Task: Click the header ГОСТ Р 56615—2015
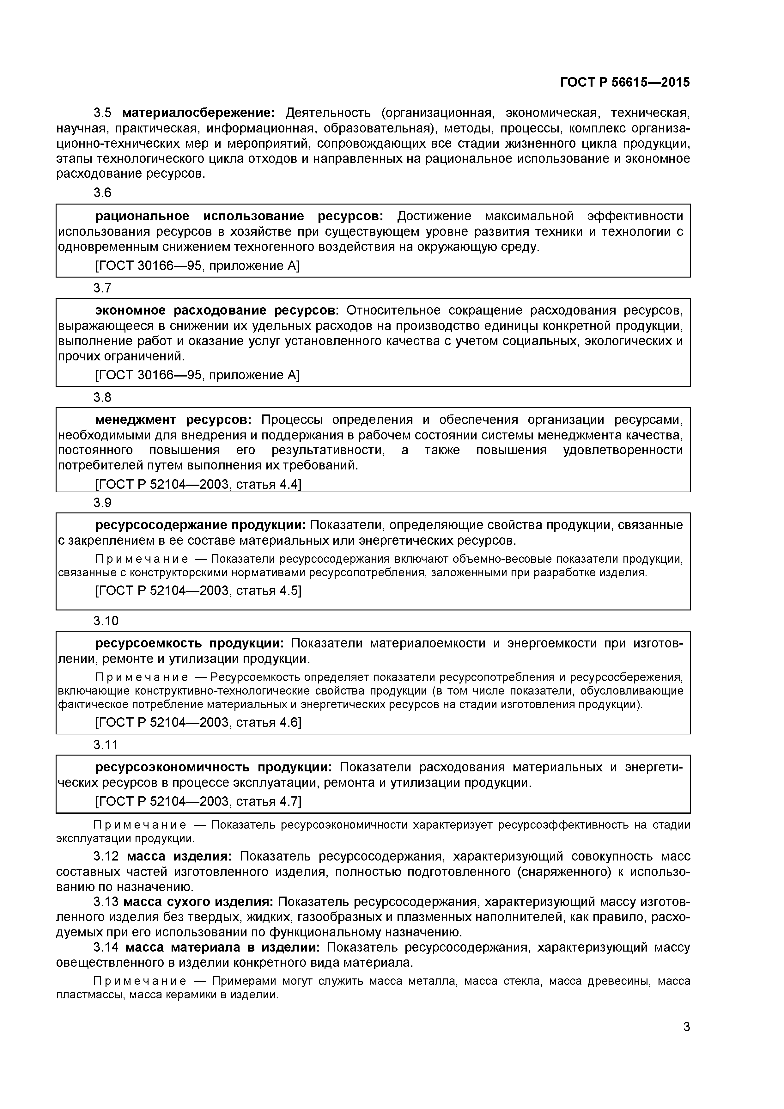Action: click(x=625, y=83)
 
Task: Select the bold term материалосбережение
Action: click(x=198, y=113)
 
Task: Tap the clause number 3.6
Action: click(x=102, y=193)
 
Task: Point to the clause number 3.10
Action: click(x=106, y=621)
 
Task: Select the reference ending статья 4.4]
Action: click(x=198, y=484)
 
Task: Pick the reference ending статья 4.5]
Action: click(x=198, y=591)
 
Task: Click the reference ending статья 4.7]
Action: click(x=198, y=801)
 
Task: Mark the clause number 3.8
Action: click(x=102, y=397)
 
